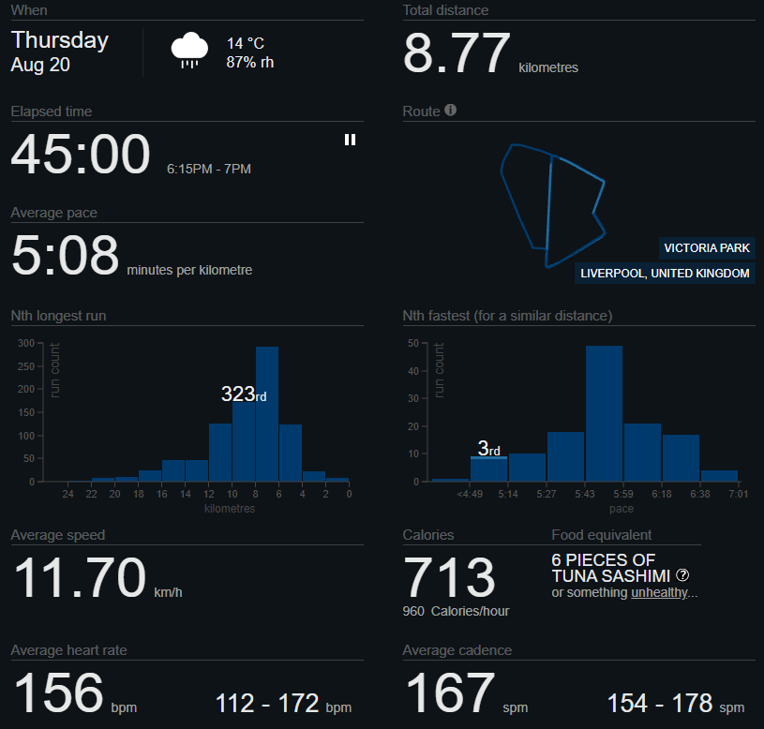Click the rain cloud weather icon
pos(189,51)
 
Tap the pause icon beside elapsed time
pos(350,140)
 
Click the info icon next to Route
pos(451,110)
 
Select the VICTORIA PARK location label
pos(707,248)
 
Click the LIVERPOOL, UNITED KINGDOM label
pos(665,274)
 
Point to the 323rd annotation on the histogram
pos(244,394)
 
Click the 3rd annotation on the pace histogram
pos(488,448)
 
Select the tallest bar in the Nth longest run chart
pos(267,414)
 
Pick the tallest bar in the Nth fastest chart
pos(605,413)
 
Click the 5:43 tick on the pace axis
pos(585,494)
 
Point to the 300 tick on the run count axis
pos(26,343)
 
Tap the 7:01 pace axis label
pos(738,494)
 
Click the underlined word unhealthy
pos(659,592)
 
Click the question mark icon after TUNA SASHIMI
pos(682,575)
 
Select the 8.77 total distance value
pos(457,52)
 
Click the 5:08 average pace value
pos(65,254)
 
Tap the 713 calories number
pos(449,576)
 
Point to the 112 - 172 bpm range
pos(283,704)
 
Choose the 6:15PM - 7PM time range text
pos(208,169)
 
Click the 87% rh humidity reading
pos(250,63)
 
